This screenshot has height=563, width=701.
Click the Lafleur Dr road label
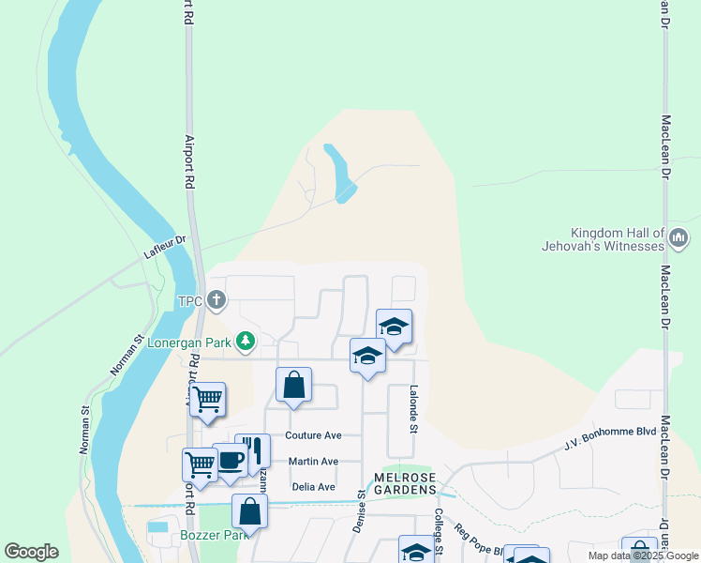coord(166,247)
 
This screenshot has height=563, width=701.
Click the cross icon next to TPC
coord(216,301)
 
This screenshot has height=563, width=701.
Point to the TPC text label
coord(190,302)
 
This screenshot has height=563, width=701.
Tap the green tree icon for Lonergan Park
coord(246,341)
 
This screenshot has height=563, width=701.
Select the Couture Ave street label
coord(314,435)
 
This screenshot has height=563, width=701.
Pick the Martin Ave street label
coord(313,462)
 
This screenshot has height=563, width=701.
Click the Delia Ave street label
coord(313,487)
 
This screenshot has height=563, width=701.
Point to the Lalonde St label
coord(412,408)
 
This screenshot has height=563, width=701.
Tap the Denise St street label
coord(360,511)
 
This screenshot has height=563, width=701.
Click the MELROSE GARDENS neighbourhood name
coord(406,483)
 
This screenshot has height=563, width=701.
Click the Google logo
coord(31,551)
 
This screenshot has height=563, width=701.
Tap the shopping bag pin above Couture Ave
coord(294,385)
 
